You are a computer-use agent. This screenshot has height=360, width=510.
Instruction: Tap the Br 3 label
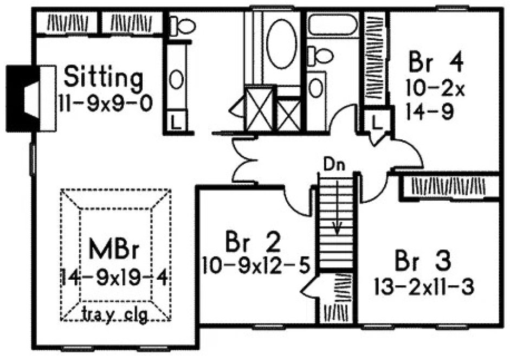pos(422,260)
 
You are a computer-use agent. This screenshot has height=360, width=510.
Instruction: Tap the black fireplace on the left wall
pos(20,98)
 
